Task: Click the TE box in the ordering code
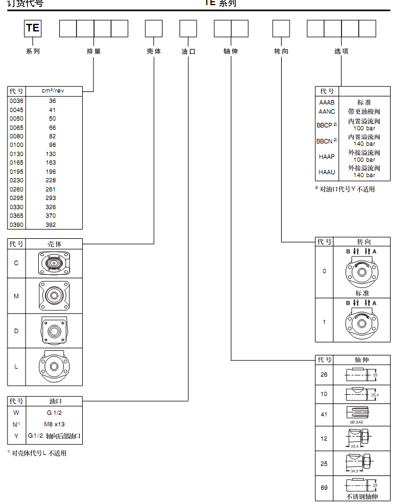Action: point(33,28)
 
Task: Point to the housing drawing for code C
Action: point(55,263)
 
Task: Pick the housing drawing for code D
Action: point(55,331)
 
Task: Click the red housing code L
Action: point(16,366)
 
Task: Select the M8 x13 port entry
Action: point(55,423)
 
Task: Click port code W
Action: point(16,412)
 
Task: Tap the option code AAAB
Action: point(327,102)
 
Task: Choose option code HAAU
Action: point(327,172)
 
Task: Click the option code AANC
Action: point(327,111)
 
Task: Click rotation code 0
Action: point(324,271)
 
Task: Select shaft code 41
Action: point(324,414)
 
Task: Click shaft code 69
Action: point(324,489)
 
